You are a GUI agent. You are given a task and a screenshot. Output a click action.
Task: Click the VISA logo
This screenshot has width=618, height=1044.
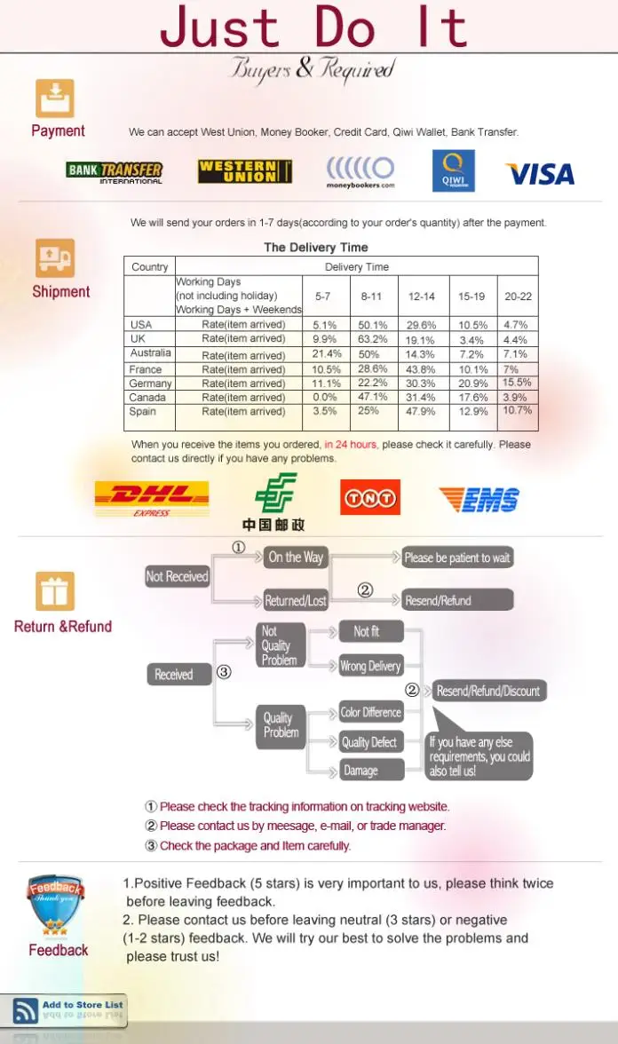[x=540, y=174]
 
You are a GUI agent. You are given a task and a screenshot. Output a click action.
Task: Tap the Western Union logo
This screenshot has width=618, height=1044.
[x=244, y=171]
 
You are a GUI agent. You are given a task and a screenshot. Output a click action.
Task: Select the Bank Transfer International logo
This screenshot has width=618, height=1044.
[x=115, y=171]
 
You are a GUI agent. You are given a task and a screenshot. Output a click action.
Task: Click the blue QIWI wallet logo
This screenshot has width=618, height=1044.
[x=453, y=170]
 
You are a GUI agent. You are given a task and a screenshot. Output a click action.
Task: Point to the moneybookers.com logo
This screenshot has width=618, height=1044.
[x=360, y=171]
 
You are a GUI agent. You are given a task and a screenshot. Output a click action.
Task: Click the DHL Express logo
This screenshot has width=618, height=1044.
[x=152, y=499]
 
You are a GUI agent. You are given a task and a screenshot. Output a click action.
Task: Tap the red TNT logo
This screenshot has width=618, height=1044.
[x=370, y=497]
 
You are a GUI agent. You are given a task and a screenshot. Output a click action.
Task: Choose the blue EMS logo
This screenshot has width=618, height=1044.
[x=479, y=499]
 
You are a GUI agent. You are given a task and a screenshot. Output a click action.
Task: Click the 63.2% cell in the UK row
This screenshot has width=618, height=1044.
[x=372, y=339]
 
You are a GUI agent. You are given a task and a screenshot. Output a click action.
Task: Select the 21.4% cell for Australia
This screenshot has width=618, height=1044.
[x=327, y=354]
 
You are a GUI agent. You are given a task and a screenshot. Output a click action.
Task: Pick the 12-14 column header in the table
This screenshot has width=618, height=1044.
[x=422, y=297]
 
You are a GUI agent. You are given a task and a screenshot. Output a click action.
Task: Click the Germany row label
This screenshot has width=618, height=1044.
[x=150, y=384]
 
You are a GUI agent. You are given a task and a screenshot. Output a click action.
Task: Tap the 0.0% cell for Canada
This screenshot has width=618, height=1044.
[x=325, y=398]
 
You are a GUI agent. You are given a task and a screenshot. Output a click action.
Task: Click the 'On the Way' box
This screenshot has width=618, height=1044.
[x=296, y=558]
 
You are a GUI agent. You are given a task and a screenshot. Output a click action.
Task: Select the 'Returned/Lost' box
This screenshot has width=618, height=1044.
[x=296, y=601]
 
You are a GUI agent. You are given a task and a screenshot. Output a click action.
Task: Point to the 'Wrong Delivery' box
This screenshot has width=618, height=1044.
[x=371, y=666]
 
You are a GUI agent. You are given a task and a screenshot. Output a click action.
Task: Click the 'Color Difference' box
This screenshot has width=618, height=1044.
[x=371, y=712]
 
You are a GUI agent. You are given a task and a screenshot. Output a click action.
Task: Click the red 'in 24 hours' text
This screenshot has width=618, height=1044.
[x=351, y=444]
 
